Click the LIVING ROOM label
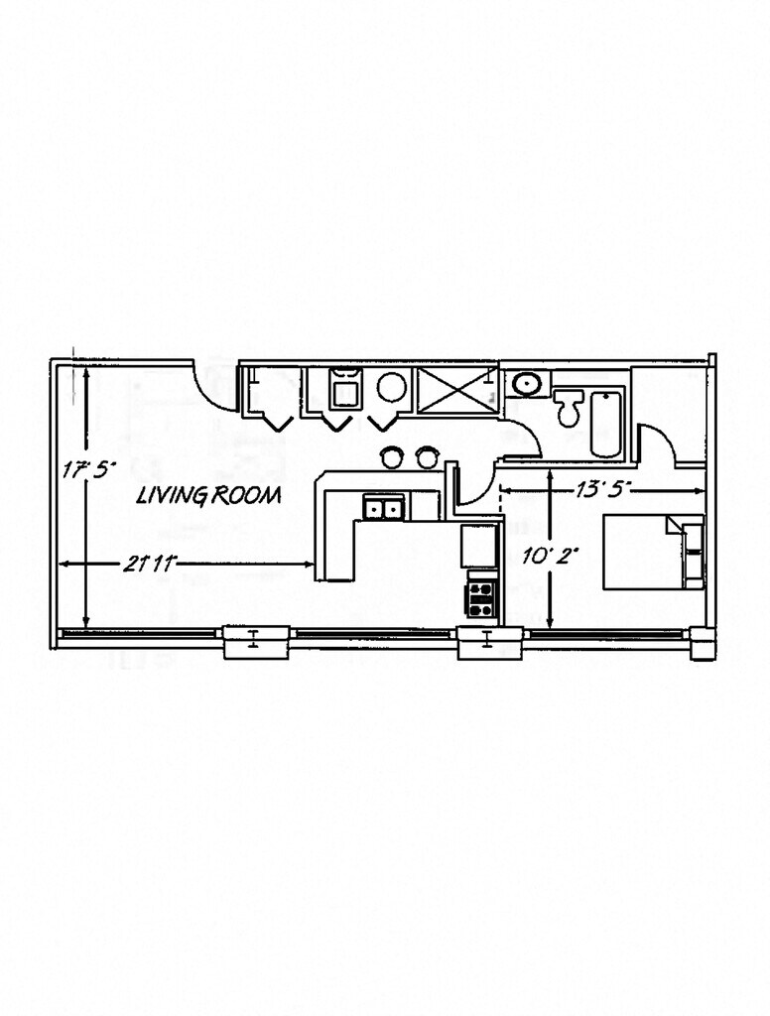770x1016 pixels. click(x=208, y=495)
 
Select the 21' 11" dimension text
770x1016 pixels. click(x=150, y=565)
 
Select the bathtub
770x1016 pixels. click(x=605, y=424)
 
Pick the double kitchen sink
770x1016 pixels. click(x=384, y=508)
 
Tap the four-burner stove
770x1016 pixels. click(x=482, y=596)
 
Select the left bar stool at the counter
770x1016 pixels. click(x=393, y=456)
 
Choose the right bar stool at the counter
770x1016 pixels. click(x=427, y=456)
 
